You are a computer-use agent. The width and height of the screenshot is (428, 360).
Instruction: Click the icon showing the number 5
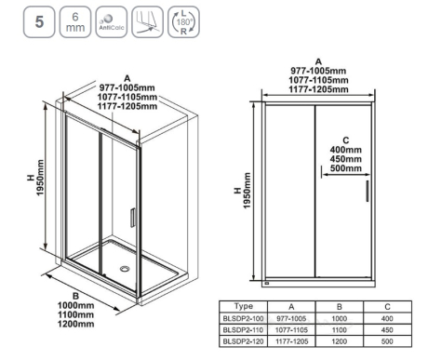tap(39, 22)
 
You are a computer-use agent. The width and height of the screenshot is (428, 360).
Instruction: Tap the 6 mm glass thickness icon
tap(75, 22)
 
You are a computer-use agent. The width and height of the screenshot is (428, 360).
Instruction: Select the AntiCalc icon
tap(112, 22)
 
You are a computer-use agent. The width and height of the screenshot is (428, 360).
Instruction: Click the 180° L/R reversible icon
tap(183, 22)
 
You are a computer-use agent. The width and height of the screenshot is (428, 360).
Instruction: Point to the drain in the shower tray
tap(125, 269)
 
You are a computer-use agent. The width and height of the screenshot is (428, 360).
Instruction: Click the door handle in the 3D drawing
tap(133, 218)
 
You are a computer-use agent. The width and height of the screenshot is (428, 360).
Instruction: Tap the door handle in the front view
tap(368, 191)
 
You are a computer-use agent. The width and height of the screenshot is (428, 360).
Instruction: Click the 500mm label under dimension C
tap(346, 168)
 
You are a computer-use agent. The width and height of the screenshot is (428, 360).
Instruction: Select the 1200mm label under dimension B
tap(76, 324)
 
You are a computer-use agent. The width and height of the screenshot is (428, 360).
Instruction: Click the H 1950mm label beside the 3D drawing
tap(35, 178)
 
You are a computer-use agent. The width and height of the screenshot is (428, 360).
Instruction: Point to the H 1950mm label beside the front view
tap(242, 191)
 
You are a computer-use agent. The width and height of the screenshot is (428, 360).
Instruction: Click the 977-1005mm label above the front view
tap(318, 71)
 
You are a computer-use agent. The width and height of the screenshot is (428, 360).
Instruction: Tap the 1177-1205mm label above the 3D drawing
tap(127, 106)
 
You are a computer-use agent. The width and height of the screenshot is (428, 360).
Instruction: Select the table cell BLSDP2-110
tap(244, 330)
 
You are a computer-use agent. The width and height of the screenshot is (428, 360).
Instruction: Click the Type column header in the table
tap(244, 307)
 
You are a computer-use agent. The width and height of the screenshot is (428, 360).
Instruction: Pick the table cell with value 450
tap(387, 330)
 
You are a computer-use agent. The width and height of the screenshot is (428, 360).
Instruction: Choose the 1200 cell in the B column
tap(340, 341)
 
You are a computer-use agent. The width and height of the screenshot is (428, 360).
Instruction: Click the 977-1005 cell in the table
tap(291, 318)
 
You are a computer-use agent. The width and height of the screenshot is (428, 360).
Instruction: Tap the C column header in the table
tap(387, 307)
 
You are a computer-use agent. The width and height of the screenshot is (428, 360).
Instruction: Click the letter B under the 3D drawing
tap(75, 296)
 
